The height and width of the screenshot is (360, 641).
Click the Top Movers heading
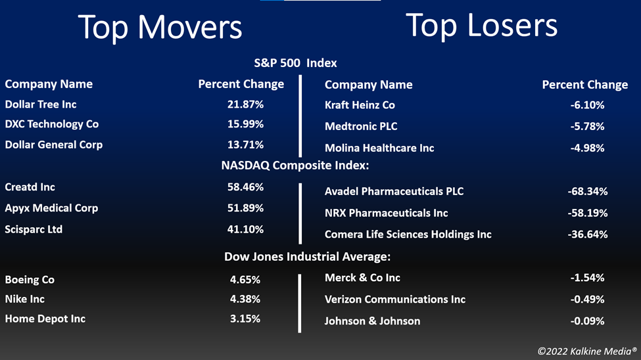click(x=160, y=28)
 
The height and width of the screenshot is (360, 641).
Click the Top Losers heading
click(x=481, y=26)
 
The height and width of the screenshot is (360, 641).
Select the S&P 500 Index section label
click(x=296, y=63)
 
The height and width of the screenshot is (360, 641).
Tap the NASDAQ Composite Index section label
click(x=295, y=166)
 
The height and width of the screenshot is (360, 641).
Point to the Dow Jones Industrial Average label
click(x=308, y=257)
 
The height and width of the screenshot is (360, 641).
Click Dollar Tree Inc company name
click(x=41, y=104)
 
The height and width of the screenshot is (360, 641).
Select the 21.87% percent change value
click(x=245, y=104)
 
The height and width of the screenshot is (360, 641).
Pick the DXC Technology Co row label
click(x=51, y=124)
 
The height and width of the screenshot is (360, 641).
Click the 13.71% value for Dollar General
click(x=245, y=145)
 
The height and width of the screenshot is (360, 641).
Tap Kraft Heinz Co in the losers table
click(x=360, y=105)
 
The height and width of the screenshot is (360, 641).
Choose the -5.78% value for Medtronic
click(x=587, y=127)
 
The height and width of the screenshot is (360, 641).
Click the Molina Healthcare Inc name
click(x=379, y=148)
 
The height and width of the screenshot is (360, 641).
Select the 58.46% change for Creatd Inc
click(x=245, y=187)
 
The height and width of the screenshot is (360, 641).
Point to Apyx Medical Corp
click(x=51, y=208)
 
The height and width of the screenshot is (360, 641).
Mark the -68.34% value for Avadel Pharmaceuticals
click(x=588, y=192)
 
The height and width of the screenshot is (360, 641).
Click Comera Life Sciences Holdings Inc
click(x=408, y=235)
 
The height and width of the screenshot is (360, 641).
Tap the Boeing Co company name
click(x=30, y=280)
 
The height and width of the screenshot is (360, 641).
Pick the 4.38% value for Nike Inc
click(x=245, y=299)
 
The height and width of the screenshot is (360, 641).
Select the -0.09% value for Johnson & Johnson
click(x=587, y=321)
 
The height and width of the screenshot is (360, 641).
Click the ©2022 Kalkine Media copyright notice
click(x=587, y=351)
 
